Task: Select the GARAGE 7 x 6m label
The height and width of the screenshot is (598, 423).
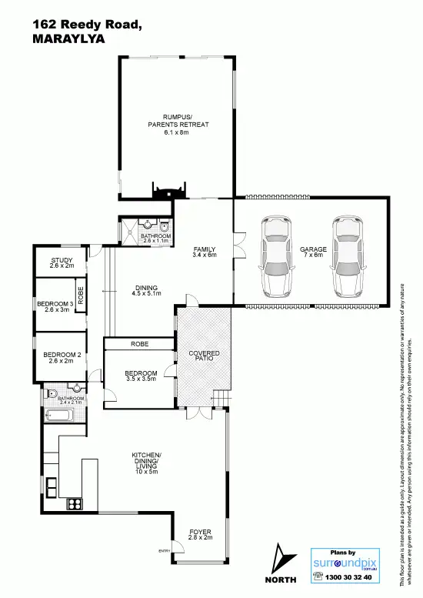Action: tap(313, 253)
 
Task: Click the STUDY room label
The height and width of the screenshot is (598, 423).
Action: tap(62, 263)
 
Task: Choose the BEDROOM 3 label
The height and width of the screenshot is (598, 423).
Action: tap(55, 307)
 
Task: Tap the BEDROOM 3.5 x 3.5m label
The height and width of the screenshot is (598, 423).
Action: tap(141, 376)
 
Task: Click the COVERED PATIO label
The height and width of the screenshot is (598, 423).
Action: tap(204, 356)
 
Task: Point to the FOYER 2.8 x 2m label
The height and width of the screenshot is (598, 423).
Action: tap(200, 535)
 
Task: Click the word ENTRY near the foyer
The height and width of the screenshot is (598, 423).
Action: tap(165, 551)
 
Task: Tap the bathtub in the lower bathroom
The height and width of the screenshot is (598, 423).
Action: tap(58, 416)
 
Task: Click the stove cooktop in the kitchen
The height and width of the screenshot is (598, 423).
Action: tap(75, 505)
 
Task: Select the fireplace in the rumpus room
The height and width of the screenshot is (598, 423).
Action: tap(168, 190)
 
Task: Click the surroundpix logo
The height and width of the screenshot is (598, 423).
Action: tap(343, 563)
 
